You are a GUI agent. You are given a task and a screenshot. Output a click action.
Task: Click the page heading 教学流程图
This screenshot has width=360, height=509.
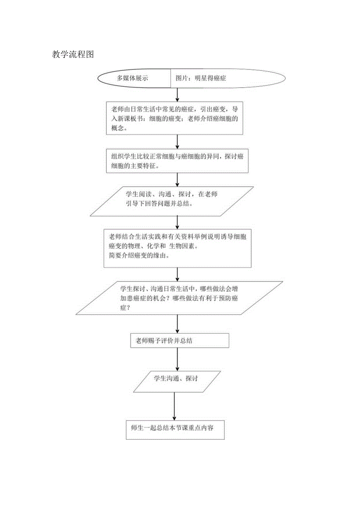pos(73,54)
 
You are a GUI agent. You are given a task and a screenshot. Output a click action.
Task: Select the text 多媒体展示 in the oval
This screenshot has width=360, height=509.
pos(132,78)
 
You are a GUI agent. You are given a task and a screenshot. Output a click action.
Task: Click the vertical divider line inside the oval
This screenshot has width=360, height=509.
pos(170,78)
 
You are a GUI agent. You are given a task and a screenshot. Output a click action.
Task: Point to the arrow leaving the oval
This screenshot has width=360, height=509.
pos(178,94)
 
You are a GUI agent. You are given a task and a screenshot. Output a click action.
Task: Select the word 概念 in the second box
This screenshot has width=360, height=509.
pos(119,128)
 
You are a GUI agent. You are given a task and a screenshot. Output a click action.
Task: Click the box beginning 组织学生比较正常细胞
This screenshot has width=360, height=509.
pos(177,160)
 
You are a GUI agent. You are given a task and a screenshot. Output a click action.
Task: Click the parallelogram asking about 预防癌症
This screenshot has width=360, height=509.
pos(179,298)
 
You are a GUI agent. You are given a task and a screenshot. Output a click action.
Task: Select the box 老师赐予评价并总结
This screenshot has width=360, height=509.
pos(180,340)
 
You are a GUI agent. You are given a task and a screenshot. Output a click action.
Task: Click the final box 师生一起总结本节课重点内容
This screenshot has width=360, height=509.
pos(175,428)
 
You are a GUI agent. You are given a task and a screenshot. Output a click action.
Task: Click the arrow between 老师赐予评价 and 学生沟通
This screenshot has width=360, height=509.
pos(178,359)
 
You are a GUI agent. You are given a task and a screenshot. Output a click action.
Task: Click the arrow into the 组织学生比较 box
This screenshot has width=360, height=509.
pos(178,141)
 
